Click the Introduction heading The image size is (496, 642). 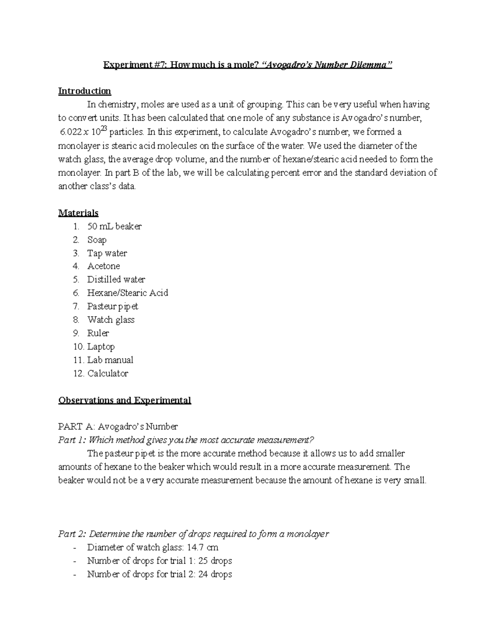[84, 91]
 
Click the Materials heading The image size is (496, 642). [78, 213]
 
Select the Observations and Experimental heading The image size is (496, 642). [124, 400]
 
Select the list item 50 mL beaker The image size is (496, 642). [114, 227]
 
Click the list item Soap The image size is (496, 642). [97, 240]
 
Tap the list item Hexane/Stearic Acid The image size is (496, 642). [127, 293]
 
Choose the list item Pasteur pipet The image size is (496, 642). [112, 306]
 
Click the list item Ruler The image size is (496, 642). [98, 333]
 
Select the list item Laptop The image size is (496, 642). [101, 346]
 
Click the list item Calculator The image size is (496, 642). [107, 373]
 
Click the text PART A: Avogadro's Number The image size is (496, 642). [118, 427]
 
